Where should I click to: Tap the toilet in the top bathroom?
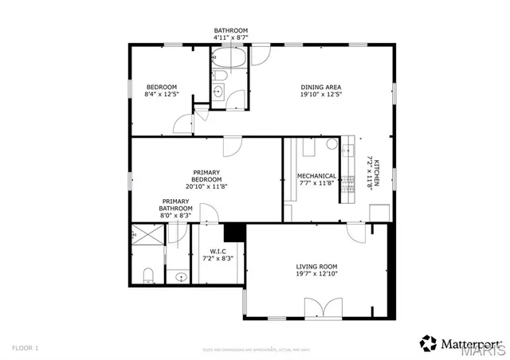click(221, 77)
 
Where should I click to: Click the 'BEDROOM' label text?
click(161, 87)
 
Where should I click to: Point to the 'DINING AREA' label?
click(321, 87)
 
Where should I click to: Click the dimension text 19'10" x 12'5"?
click(321, 95)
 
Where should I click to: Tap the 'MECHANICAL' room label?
click(316, 176)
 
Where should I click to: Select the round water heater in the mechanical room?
click(331, 144)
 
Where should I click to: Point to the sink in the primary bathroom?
click(181, 277)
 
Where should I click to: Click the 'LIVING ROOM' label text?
click(317, 266)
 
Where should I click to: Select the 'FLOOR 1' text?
click(25, 348)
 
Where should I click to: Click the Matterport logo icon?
click(429, 343)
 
